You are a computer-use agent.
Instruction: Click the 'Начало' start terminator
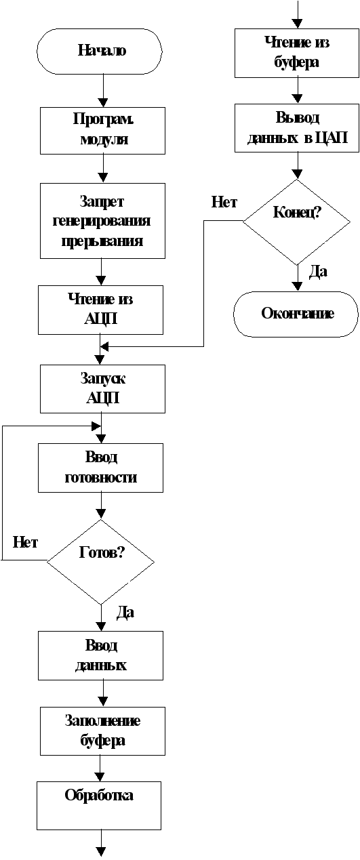click(x=100, y=51)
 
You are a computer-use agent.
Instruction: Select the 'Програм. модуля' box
click(x=102, y=131)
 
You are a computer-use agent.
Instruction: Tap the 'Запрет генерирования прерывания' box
click(x=102, y=221)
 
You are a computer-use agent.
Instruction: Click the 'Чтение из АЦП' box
click(x=100, y=310)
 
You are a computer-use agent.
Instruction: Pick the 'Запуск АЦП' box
click(x=102, y=389)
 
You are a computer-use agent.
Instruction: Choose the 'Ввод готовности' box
click(x=100, y=468)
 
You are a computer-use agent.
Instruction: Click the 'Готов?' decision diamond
click(x=100, y=562)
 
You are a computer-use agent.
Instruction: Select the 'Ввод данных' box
click(x=100, y=656)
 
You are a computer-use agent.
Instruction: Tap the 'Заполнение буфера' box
click(x=102, y=731)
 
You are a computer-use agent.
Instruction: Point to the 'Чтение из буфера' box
click(x=297, y=53)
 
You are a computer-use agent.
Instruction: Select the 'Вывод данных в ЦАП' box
click(x=297, y=128)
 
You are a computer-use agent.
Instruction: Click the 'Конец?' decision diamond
click(x=296, y=222)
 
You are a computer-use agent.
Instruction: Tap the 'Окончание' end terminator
click(x=296, y=314)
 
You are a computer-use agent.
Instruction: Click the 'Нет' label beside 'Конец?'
click(x=224, y=202)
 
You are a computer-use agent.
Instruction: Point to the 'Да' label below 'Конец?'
click(x=318, y=272)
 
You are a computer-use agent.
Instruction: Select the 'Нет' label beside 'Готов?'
click(x=25, y=542)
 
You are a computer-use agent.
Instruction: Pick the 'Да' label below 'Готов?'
click(x=125, y=612)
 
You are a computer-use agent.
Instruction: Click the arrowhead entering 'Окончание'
click(x=296, y=287)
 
